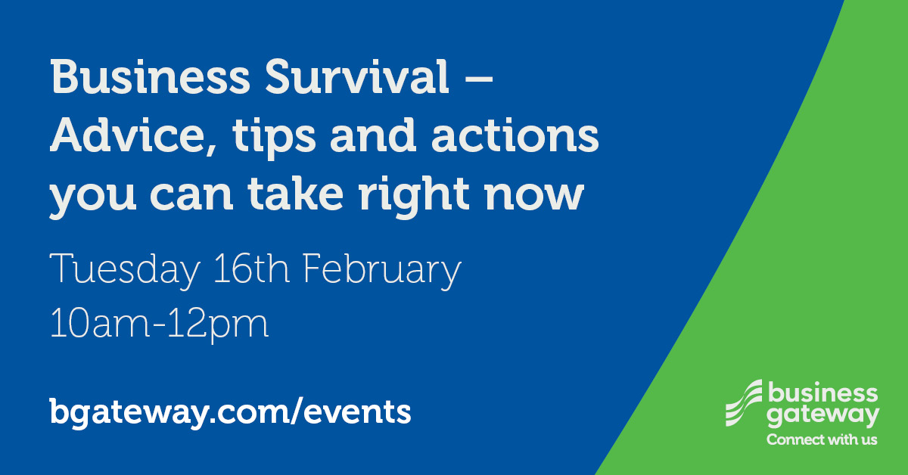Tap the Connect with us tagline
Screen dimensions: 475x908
(822, 439)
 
